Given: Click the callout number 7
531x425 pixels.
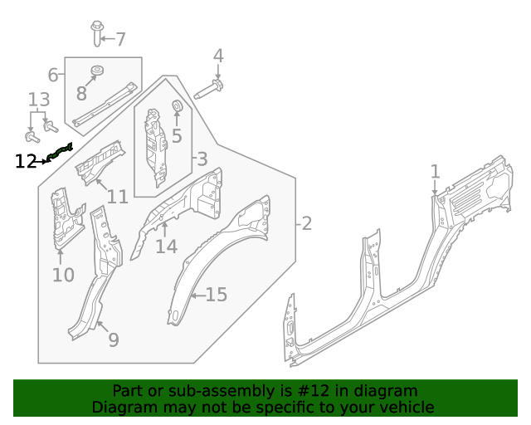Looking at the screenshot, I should pyautogui.click(x=120, y=39).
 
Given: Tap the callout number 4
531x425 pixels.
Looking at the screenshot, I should pyautogui.click(x=218, y=56).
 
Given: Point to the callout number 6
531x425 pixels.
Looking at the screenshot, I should pyautogui.click(x=53, y=76).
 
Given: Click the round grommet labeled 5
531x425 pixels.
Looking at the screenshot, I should pyautogui.click(x=177, y=105).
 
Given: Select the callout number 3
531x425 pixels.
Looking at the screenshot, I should pyautogui.click(x=202, y=159).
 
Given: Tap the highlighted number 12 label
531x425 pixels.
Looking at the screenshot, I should pyautogui.click(x=26, y=161).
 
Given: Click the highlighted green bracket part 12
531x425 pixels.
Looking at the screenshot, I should pyautogui.click(x=60, y=151).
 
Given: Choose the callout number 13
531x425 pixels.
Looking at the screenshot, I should pyautogui.click(x=39, y=100).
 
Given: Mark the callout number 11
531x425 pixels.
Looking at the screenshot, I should pyautogui.click(x=117, y=197).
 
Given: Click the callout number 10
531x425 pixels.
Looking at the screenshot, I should pyautogui.click(x=63, y=275).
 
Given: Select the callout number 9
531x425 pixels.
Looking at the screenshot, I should pyautogui.click(x=113, y=340).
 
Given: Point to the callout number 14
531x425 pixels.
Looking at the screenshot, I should pyautogui.click(x=166, y=247).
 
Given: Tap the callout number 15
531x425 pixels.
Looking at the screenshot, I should pyautogui.click(x=216, y=295).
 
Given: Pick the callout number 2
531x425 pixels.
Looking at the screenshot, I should pyautogui.click(x=306, y=223).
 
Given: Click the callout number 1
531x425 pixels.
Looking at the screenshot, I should pyautogui.click(x=435, y=172).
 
